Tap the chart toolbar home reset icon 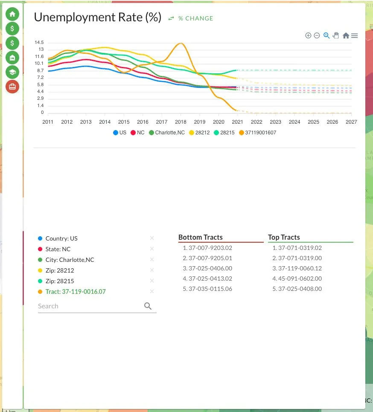coord(346,35)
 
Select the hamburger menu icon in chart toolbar coord(354,35)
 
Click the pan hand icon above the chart coord(336,35)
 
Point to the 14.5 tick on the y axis coord(39,42)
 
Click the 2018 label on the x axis coord(181,122)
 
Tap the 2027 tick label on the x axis coord(351,122)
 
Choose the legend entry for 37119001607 coord(258,133)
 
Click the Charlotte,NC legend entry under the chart coord(167,133)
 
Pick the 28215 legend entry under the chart coord(224,133)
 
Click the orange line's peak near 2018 coord(181,43)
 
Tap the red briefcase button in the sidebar coord(12,87)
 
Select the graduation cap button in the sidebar coord(12,72)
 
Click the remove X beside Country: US coord(152,238)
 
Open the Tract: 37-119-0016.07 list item coord(76,292)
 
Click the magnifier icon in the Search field coord(148,306)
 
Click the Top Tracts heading coord(284,237)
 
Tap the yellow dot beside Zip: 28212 coord(40,270)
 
